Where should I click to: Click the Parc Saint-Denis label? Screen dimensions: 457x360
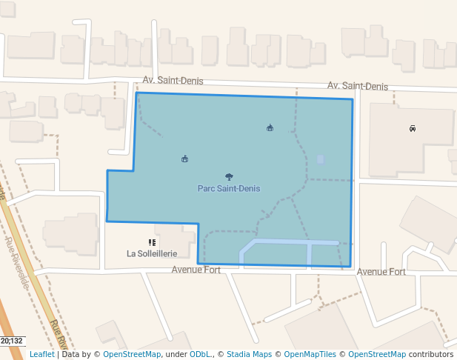click(x=228, y=189)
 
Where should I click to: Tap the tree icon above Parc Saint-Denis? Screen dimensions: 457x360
click(x=229, y=177)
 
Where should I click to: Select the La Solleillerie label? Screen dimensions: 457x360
click(x=152, y=253)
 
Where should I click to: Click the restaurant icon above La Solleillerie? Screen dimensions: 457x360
click(x=152, y=242)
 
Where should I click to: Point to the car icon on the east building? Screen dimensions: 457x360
click(x=413, y=128)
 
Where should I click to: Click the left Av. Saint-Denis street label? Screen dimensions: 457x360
click(x=172, y=80)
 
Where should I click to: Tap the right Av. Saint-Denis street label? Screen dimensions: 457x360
click(x=358, y=87)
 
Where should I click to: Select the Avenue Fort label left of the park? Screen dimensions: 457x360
click(x=196, y=270)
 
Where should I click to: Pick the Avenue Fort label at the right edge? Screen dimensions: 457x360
click(x=381, y=272)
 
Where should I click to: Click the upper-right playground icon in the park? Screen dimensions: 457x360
click(x=270, y=128)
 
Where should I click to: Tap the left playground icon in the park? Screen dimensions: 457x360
click(x=184, y=159)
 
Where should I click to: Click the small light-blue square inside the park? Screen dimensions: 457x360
click(x=320, y=159)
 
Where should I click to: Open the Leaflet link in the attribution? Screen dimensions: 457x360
click(x=41, y=355)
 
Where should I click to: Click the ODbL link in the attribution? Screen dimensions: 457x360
click(x=200, y=355)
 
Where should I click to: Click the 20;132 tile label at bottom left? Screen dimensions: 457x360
click(x=13, y=341)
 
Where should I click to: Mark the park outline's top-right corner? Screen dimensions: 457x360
click(x=352, y=99)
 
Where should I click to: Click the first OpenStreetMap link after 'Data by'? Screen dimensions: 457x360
click(x=132, y=355)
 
